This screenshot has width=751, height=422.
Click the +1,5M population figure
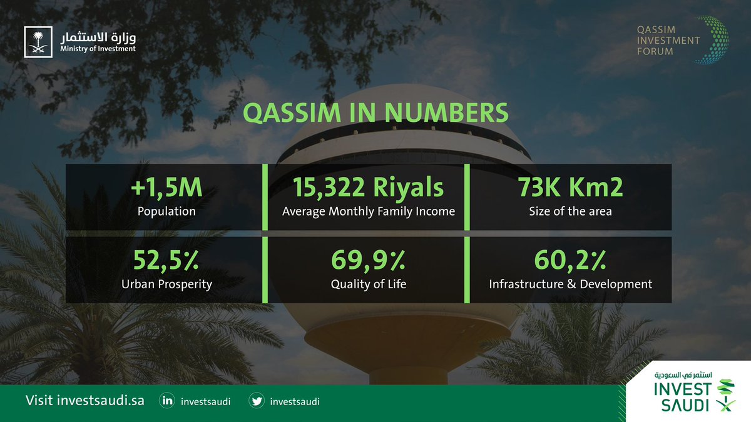click(x=166, y=188)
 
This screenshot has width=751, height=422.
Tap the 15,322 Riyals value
click(x=369, y=188)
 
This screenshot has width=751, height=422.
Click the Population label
click(x=166, y=211)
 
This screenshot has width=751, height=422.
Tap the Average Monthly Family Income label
click(x=369, y=211)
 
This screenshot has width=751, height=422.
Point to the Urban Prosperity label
click(x=166, y=284)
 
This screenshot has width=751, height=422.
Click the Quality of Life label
click(x=369, y=284)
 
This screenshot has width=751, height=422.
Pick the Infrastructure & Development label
click(x=570, y=284)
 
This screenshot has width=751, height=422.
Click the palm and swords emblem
click(x=38, y=41)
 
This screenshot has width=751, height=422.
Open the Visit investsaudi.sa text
click(x=84, y=401)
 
